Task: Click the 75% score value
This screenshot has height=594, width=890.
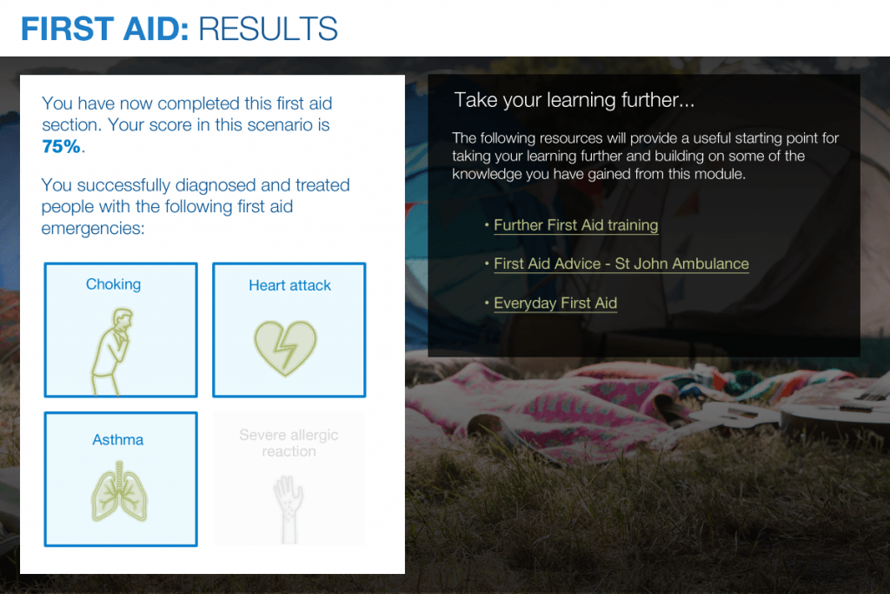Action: tap(61, 146)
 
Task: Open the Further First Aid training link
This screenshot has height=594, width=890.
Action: tap(575, 225)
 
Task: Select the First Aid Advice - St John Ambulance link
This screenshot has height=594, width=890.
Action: tap(621, 264)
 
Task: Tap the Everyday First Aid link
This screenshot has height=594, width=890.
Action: tap(555, 304)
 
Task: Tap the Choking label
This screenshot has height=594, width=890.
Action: tap(113, 284)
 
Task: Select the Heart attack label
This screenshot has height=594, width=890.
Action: tap(289, 285)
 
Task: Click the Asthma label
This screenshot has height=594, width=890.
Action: tap(118, 440)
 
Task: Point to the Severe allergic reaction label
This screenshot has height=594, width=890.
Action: tap(289, 443)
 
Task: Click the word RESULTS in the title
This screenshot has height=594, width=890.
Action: tap(268, 29)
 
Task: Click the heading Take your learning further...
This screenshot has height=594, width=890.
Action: tap(574, 100)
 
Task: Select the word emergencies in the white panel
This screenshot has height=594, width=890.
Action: tap(92, 228)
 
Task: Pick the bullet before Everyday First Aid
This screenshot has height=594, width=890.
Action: tap(487, 304)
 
